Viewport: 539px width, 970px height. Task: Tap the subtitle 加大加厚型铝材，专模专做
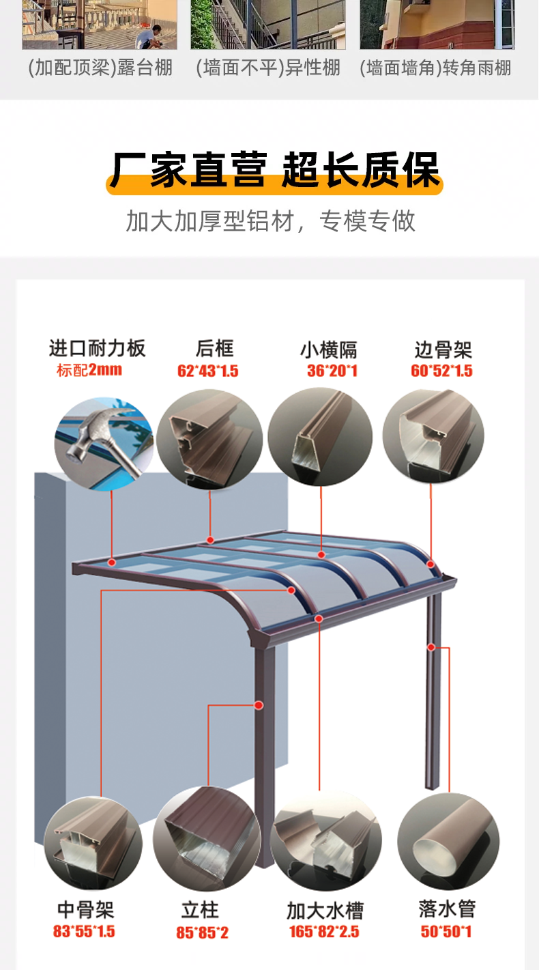pyautogui.click(x=270, y=221)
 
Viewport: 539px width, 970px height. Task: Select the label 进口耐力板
pyautogui.click(x=97, y=348)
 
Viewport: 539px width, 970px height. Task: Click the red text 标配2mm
pyautogui.click(x=89, y=370)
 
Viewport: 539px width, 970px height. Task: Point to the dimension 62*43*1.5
pyautogui.click(x=208, y=371)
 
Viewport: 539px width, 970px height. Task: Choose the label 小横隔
pyautogui.click(x=329, y=350)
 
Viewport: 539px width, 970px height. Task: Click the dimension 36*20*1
pyautogui.click(x=332, y=371)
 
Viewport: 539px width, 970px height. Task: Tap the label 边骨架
pyautogui.click(x=443, y=350)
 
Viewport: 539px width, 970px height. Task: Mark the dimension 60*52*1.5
pyautogui.click(x=442, y=371)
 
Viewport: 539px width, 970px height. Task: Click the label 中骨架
pyautogui.click(x=85, y=909)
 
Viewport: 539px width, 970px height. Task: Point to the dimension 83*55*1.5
pyautogui.click(x=85, y=931)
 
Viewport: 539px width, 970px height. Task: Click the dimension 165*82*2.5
pyautogui.click(x=324, y=931)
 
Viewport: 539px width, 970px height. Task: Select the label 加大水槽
pyautogui.click(x=325, y=910)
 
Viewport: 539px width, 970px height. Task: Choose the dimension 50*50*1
pyautogui.click(x=446, y=931)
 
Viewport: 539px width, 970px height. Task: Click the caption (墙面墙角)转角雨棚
pyautogui.click(x=435, y=68)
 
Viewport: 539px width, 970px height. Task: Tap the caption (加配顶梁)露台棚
pyautogui.click(x=100, y=68)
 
